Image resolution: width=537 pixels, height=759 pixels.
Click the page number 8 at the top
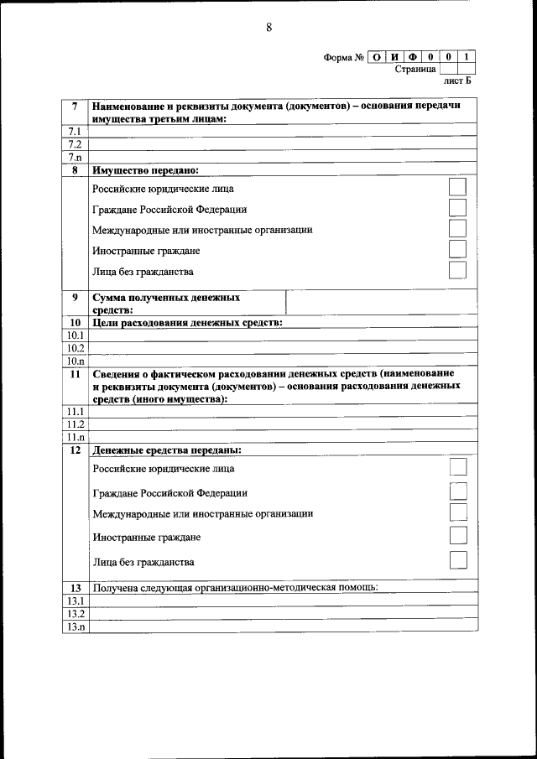coord(268,27)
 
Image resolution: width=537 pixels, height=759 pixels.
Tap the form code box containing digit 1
coord(467,57)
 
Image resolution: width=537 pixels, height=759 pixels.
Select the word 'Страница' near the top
coord(415,70)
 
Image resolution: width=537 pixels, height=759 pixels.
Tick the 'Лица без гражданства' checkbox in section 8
coord(457,270)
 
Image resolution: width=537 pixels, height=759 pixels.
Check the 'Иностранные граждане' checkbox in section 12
coord(457,535)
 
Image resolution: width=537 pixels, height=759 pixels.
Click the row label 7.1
coord(74,132)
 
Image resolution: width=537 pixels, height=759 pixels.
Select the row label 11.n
coord(75,437)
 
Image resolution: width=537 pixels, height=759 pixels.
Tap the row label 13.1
coord(75,601)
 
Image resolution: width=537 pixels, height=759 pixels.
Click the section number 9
coord(75,298)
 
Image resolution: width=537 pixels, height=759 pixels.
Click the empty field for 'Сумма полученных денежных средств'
coord(382,303)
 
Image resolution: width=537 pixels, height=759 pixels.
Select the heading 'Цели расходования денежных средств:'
coord(186,323)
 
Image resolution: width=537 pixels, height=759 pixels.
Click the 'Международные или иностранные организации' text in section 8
coord(202,230)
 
